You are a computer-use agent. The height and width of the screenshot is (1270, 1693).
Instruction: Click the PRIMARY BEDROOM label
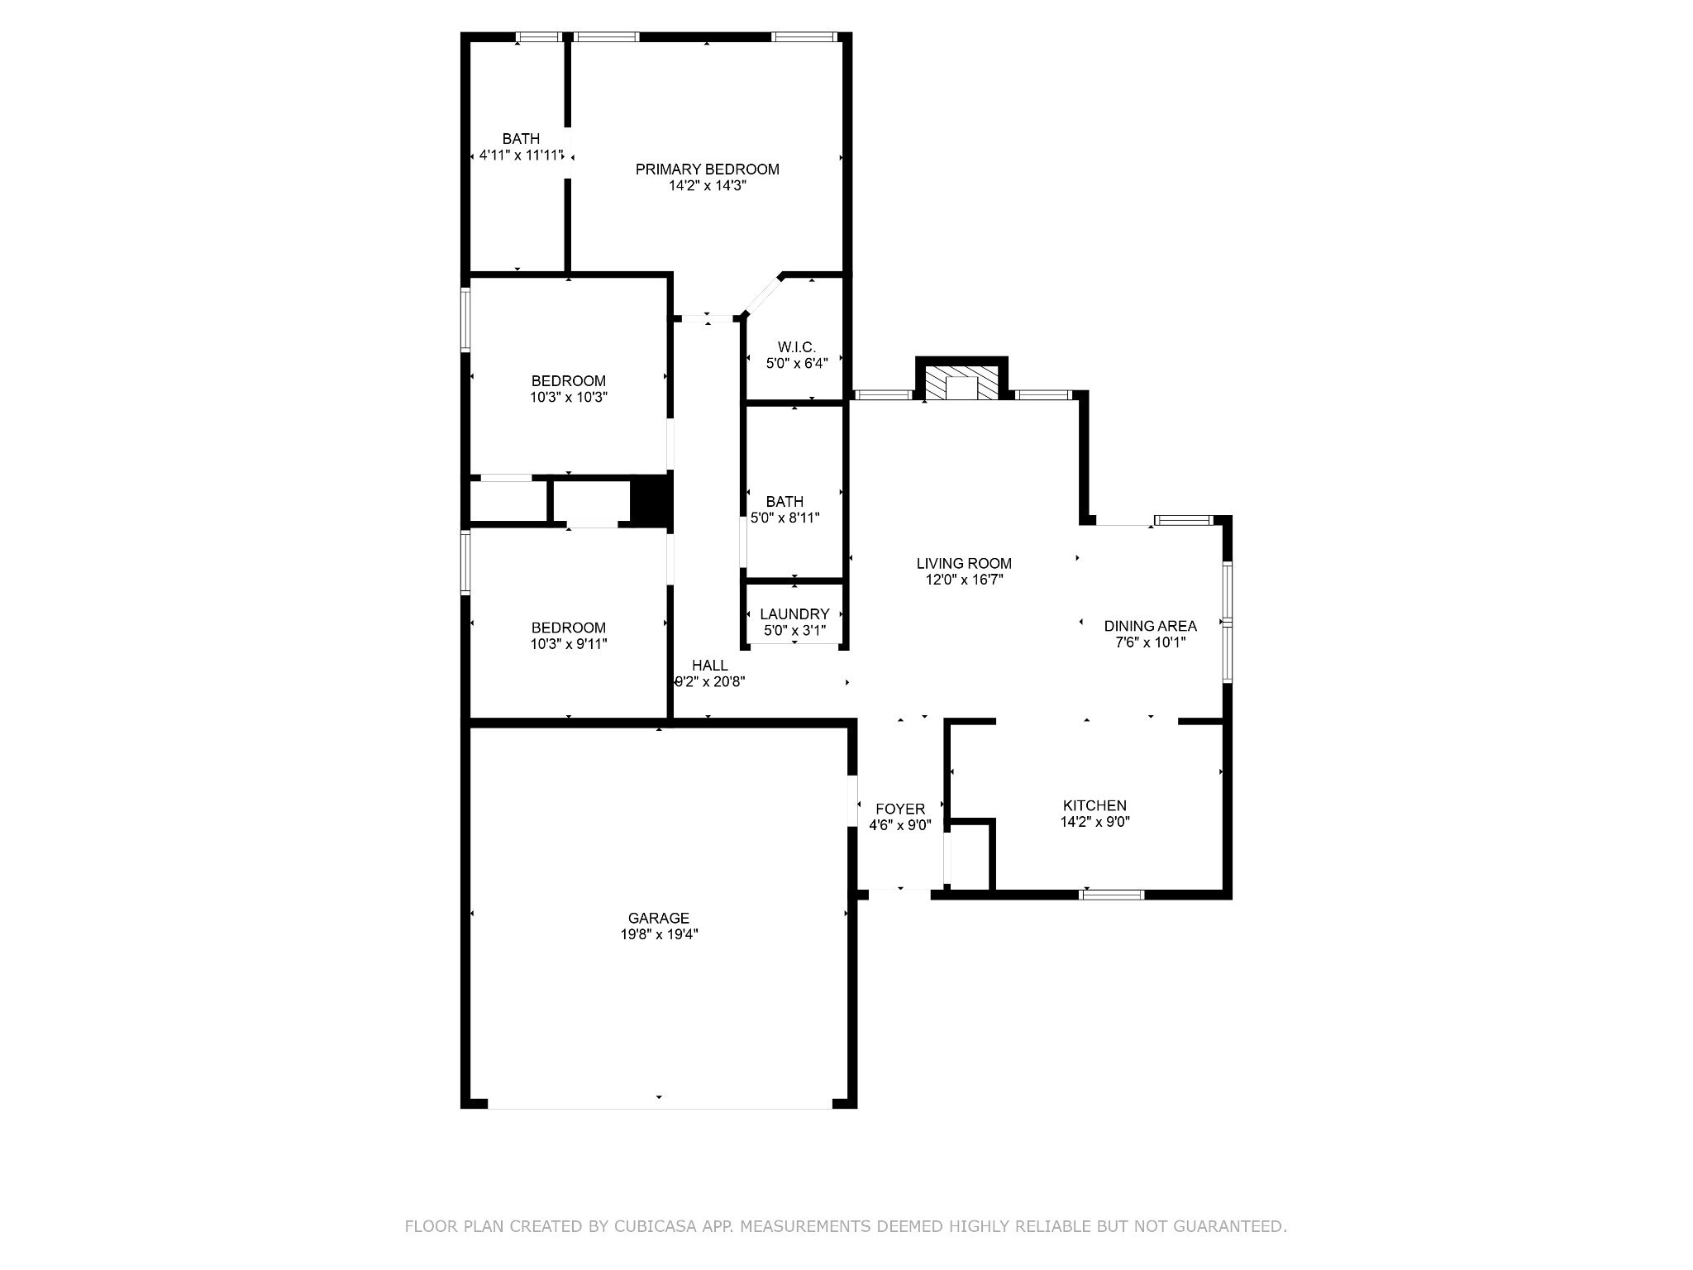(707, 169)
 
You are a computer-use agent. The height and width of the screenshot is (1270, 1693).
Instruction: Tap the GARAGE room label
(658, 918)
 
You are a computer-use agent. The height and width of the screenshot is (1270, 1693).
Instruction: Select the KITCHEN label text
(1094, 805)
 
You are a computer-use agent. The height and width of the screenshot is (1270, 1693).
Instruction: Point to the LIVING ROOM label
(964, 564)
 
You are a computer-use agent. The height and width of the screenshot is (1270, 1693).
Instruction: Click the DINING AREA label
(1150, 626)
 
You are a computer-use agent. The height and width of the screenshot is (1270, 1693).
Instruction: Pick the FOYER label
(900, 809)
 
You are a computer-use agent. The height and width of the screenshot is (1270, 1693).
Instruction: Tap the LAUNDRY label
(794, 614)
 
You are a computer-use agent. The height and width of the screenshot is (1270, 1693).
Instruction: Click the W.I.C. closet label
(797, 347)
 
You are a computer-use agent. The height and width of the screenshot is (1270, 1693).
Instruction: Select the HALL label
(710, 666)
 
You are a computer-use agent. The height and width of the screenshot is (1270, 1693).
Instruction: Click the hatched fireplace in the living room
(961, 384)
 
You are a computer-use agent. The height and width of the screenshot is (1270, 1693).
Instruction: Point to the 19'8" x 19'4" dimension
(658, 934)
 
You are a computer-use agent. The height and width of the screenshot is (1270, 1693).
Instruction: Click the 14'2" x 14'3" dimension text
(708, 186)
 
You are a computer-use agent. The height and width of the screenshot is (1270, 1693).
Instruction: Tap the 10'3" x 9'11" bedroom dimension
(569, 644)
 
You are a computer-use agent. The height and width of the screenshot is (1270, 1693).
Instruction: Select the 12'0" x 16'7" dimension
(964, 580)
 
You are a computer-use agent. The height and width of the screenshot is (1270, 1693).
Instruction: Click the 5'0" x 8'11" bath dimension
(785, 518)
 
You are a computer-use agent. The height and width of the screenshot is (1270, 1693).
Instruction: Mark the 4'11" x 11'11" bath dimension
(522, 155)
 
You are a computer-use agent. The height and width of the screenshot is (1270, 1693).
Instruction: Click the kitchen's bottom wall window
(1113, 894)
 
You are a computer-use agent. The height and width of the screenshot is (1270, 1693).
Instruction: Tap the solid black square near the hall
(651, 499)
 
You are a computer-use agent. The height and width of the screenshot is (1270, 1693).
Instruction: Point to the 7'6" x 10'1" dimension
(1150, 642)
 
